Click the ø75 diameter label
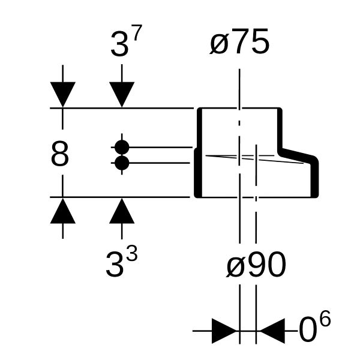click(x=239, y=41)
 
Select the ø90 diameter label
click(x=256, y=264)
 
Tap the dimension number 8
click(x=59, y=154)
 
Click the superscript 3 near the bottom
click(x=133, y=253)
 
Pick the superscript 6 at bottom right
click(x=326, y=318)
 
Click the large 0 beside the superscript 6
click(x=308, y=329)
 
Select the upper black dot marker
click(x=122, y=147)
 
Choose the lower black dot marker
click(x=122, y=163)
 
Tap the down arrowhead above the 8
click(x=62, y=94)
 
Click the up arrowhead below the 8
click(x=62, y=211)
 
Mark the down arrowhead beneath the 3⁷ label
click(x=122, y=94)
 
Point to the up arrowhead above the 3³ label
click(x=122, y=211)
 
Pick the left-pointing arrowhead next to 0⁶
click(x=271, y=331)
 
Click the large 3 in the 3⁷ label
click(x=119, y=44)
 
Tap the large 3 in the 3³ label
click(x=114, y=265)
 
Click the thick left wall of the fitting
click(x=199, y=152)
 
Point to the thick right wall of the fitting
click(x=314, y=178)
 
